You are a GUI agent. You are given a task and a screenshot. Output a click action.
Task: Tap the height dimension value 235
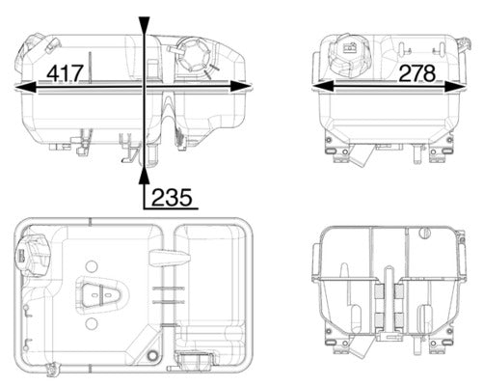[171, 197]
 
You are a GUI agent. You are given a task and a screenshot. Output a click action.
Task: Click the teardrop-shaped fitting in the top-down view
[100, 294]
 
